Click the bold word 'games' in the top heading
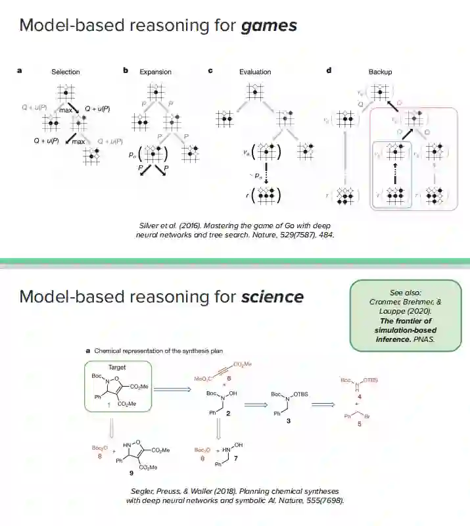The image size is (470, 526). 269,26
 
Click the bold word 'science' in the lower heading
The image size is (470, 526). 272,297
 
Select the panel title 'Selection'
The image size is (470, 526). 66,72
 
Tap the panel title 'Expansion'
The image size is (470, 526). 156,72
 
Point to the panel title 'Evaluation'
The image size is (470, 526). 254,72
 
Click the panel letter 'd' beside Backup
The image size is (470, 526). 329,70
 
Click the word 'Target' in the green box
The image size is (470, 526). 117,368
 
